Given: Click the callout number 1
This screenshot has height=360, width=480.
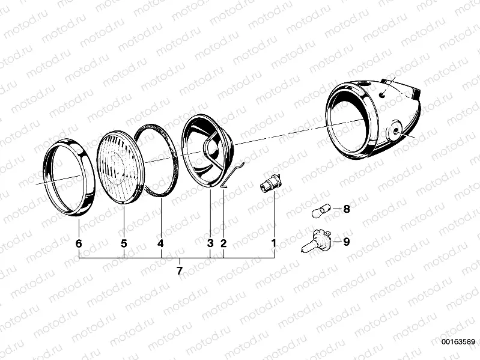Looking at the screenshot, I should tap(273, 243).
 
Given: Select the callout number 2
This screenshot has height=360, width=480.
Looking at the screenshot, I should tap(223, 243).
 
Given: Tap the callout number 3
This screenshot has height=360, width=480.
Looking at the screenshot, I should tap(210, 243).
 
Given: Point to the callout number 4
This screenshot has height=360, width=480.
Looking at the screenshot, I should tap(160, 243).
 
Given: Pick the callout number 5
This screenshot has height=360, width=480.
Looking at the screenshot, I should tap(123, 243).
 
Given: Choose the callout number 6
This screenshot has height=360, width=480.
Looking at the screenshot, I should tap(79, 243).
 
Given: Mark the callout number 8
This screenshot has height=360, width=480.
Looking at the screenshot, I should tap(346, 210).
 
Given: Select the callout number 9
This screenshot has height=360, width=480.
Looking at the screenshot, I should tap(346, 242).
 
